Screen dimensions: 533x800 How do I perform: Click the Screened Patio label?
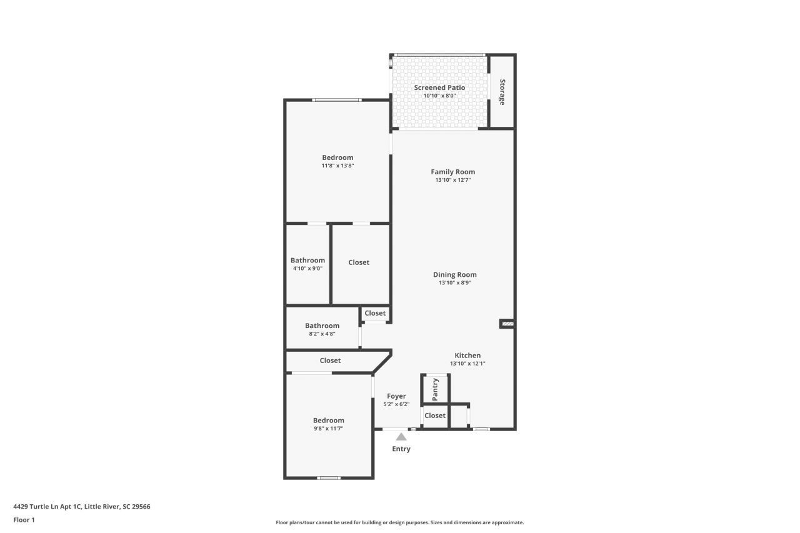click(439, 87)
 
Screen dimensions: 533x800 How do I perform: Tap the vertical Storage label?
click(501, 92)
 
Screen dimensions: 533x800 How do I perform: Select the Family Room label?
click(452, 172)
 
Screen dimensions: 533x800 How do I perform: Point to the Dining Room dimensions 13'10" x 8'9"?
click(454, 283)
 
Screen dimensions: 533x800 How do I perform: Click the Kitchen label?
click(467, 356)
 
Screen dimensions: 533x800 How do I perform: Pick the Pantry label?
click(436, 389)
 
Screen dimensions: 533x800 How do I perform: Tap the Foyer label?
click(396, 396)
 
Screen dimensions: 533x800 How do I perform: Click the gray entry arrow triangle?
click(401, 437)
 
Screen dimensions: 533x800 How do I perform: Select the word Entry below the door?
click(401, 449)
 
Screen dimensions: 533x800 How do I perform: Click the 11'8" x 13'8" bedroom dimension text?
click(337, 166)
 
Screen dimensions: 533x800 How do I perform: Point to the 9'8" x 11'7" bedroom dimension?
click(328, 429)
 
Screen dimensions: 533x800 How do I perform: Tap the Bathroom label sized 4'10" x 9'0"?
click(307, 261)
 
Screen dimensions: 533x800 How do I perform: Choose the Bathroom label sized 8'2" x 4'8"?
click(322, 326)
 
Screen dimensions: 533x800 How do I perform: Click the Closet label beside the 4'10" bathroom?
click(359, 262)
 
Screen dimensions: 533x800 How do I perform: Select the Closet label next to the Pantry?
click(435, 416)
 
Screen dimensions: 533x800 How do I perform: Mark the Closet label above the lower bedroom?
click(330, 361)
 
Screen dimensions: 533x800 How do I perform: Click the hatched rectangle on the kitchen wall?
click(507, 324)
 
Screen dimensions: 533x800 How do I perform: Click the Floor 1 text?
click(24, 519)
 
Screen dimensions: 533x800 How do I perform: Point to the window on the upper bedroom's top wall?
click(336, 100)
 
